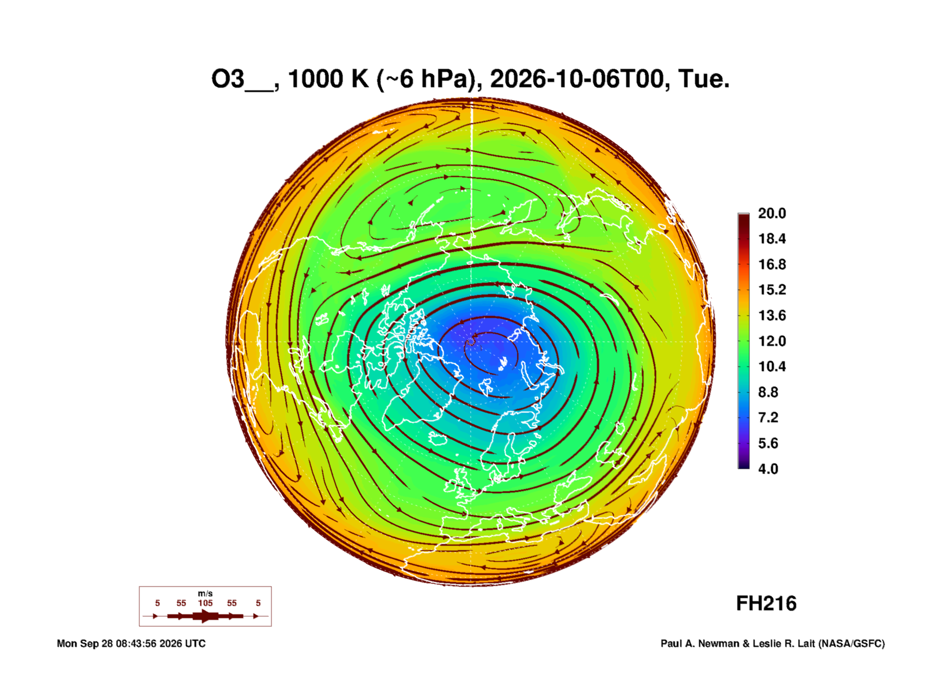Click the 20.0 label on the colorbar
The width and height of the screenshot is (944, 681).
(x=772, y=213)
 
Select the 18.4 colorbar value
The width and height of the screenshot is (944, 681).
(x=772, y=239)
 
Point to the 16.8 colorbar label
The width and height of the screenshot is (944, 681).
(x=772, y=264)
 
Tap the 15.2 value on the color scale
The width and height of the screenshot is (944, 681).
(x=772, y=290)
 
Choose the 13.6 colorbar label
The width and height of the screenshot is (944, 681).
(x=772, y=315)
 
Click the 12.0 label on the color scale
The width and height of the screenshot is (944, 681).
(x=772, y=341)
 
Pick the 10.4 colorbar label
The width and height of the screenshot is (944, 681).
(x=772, y=366)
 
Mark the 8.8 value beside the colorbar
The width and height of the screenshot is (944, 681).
(x=768, y=392)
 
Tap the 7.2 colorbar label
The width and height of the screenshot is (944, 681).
(x=768, y=417)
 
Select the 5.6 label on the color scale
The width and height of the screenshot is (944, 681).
(x=768, y=443)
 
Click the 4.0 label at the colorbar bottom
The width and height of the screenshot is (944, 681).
(x=768, y=469)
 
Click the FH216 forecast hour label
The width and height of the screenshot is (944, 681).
(x=766, y=604)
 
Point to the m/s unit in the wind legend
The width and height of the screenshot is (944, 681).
(x=205, y=594)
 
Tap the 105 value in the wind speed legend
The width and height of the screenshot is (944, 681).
(x=205, y=603)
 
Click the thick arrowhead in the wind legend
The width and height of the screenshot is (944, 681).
(x=205, y=616)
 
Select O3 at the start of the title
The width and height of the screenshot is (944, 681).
(x=228, y=79)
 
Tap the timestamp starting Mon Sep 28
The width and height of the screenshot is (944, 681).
(x=131, y=643)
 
